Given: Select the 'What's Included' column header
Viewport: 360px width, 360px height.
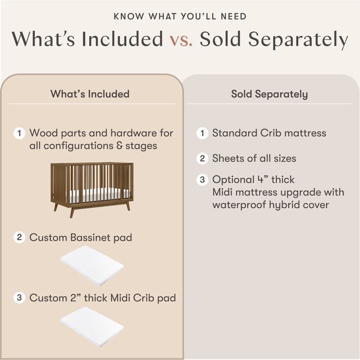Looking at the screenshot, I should click(x=90, y=94).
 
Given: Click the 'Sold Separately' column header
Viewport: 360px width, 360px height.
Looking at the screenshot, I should click(x=269, y=94).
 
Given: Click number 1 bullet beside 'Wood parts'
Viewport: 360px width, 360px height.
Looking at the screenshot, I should click(x=19, y=133).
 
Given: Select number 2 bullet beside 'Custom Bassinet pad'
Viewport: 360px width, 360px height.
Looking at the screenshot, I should click(x=19, y=238).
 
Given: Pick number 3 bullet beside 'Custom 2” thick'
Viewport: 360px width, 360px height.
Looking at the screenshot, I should click(x=19, y=298).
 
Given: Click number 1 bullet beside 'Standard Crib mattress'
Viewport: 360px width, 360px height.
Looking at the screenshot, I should click(x=202, y=133).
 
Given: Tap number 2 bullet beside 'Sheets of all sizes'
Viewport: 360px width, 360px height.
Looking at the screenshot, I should click(x=202, y=158).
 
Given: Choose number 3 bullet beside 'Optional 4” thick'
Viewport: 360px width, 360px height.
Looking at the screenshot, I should click(x=202, y=180).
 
